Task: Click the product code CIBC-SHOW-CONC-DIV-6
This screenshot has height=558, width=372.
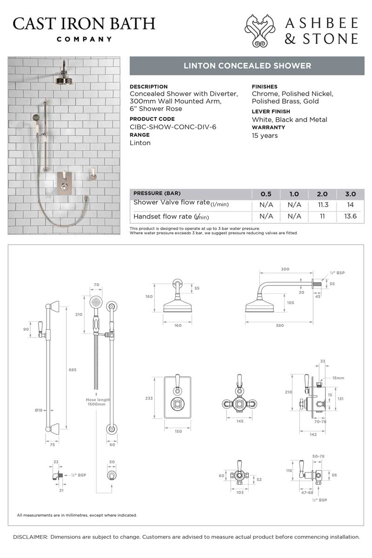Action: click(x=173, y=127)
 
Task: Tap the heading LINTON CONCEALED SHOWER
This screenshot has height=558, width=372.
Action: click(x=247, y=66)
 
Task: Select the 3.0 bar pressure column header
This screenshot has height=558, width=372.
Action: click(x=351, y=194)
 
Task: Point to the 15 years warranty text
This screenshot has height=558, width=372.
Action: click(x=265, y=136)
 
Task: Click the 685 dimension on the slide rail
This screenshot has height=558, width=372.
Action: click(x=72, y=370)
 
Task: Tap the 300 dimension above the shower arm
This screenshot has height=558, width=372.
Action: click(x=285, y=269)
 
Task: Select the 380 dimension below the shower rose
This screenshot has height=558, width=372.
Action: click(x=279, y=325)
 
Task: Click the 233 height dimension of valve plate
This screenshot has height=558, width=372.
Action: click(x=149, y=399)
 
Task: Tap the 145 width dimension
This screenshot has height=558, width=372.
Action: click(x=240, y=421)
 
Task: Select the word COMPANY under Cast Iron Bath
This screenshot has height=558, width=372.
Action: click(x=84, y=40)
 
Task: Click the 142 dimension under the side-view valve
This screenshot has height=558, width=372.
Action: click(x=313, y=434)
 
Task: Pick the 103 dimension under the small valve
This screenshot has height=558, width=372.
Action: click(x=240, y=492)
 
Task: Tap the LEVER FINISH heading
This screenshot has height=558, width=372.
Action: click(x=271, y=112)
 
